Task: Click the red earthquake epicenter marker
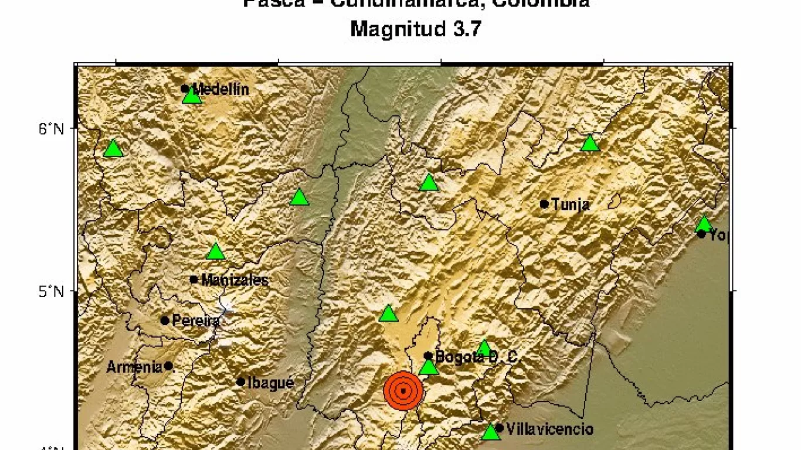pyautogui.click(x=403, y=390)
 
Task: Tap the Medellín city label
pyautogui.click(x=220, y=90)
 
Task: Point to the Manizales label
pyautogui.click(x=235, y=280)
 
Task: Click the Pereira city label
pyautogui.click(x=196, y=321)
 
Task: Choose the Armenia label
pyautogui.click(x=134, y=367)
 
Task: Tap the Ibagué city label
pyautogui.click(x=270, y=383)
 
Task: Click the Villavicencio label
pyautogui.click(x=549, y=429)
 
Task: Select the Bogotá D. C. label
pyautogui.click(x=477, y=357)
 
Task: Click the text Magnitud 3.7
pyautogui.click(x=416, y=29)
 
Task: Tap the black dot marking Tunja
pyautogui.click(x=544, y=204)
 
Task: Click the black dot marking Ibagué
pyautogui.click(x=240, y=382)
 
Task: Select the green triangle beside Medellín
pyautogui.click(x=192, y=96)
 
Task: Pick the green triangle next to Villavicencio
pyautogui.click(x=490, y=432)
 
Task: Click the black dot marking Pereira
pyautogui.click(x=165, y=321)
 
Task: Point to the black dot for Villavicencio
pyautogui.click(x=500, y=428)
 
